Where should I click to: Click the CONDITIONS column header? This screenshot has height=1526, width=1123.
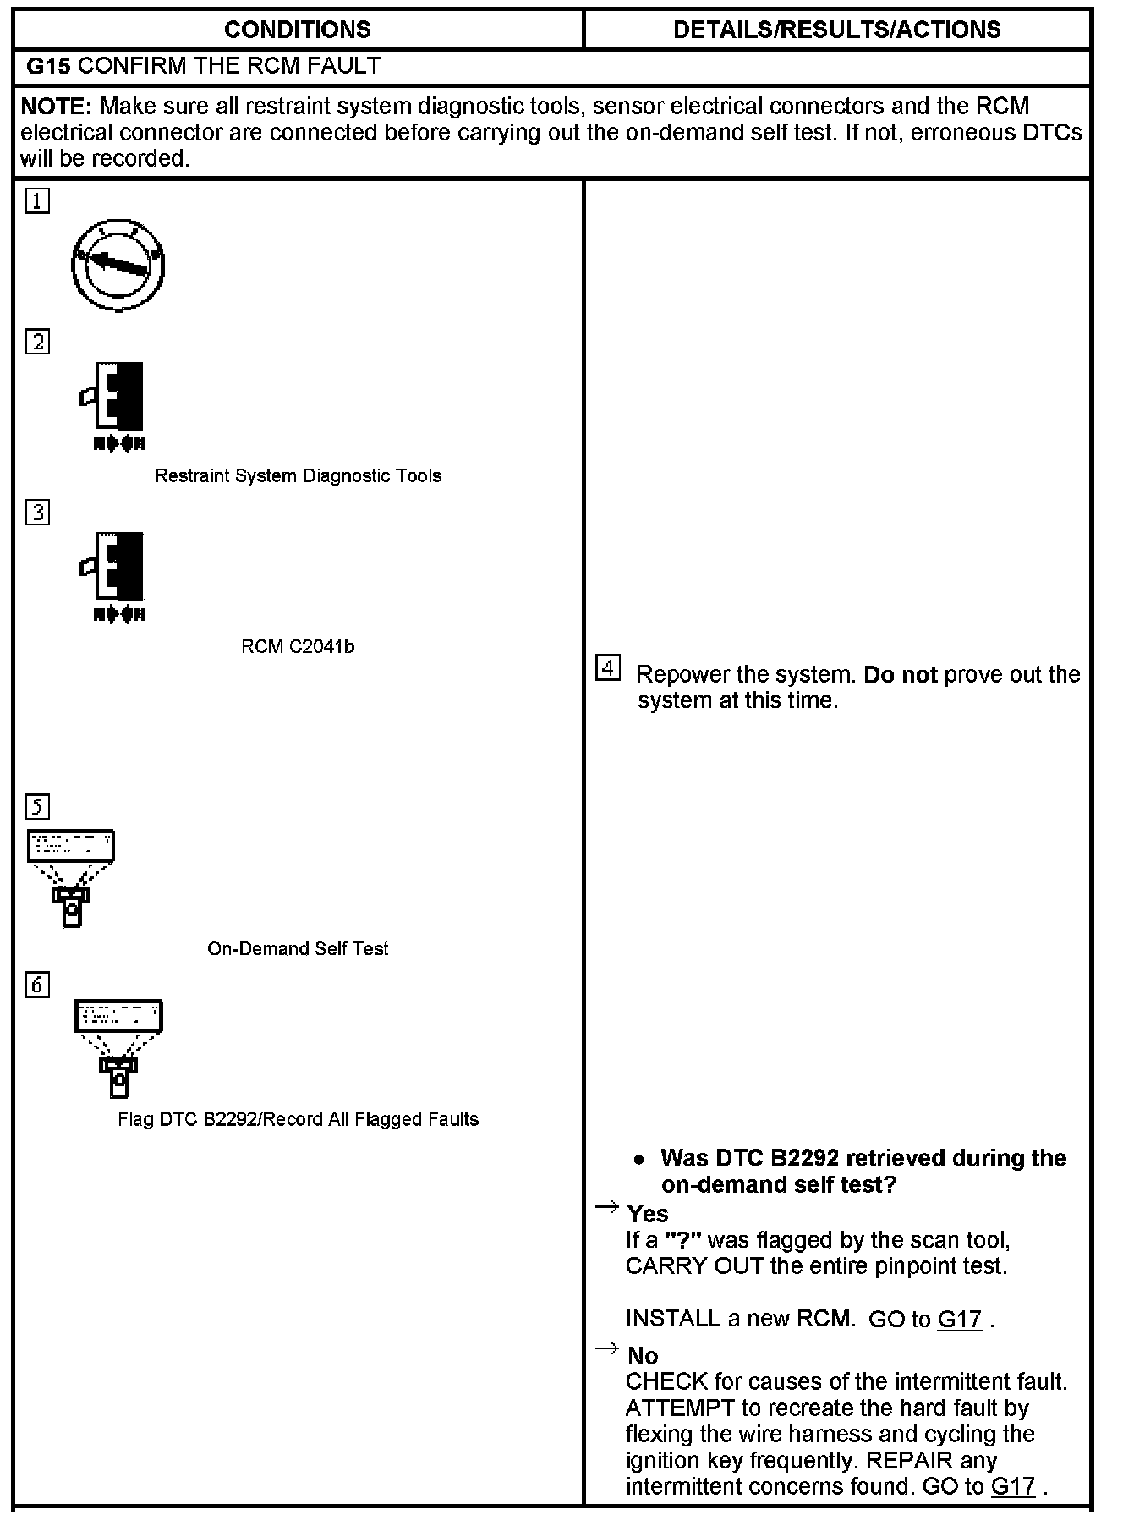coord(297,30)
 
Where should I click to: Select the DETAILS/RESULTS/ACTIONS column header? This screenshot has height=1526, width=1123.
coord(836,30)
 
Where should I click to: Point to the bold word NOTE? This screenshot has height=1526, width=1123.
coord(56,107)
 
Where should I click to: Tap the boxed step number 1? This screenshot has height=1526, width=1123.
coord(37,201)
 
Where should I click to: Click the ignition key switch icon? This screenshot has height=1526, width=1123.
coord(118,266)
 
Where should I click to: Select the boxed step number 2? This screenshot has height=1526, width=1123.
coord(37,342)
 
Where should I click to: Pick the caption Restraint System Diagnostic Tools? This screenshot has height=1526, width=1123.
coord(298,476)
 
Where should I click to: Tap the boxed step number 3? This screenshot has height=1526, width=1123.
coord(37,513)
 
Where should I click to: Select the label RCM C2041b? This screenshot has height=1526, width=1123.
coord(298,647)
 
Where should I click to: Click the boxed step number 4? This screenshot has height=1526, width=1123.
coord(607,668)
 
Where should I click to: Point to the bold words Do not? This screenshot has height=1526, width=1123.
coord(901,675)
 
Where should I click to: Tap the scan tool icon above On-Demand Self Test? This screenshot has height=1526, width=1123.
coord(71,876)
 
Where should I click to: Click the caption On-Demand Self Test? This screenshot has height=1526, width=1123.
coord(298,949)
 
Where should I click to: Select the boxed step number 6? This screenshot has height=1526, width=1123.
coord(37,985)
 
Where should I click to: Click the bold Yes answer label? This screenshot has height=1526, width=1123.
coord(648,1215)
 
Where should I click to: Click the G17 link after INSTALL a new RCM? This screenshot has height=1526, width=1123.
coord(960,1320)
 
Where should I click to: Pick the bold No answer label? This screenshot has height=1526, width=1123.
coord(643,1357)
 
